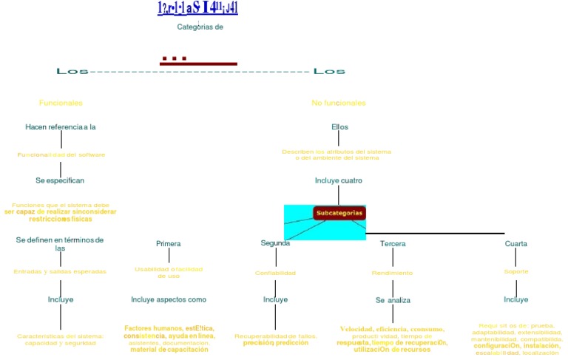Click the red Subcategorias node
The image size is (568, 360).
click(339, 213)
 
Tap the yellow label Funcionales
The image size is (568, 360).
click(61, 103)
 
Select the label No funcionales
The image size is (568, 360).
click(339, 103)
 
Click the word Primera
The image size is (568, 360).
click(169, 243)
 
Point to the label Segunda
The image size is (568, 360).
click(275, 243)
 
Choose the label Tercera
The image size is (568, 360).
click(393, 244)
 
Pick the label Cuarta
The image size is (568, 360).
click(516, 244)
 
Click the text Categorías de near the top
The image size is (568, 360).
click(200, 27)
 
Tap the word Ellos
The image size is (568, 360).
click(339, 127)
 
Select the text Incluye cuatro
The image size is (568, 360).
click(339, 180)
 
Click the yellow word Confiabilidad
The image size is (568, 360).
click(275, 273)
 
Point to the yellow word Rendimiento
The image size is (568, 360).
click(392, 273)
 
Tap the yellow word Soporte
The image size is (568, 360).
click(516, 271)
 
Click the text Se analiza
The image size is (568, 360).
click(393, 300)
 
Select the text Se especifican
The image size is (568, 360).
click(60, 180)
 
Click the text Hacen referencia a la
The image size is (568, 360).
click(61, 127)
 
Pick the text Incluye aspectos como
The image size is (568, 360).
click(169, 299)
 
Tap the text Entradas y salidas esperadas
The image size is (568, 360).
click(60, 271)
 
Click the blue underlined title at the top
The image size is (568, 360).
click(197, 8)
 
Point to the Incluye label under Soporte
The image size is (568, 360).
click(516, 299)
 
